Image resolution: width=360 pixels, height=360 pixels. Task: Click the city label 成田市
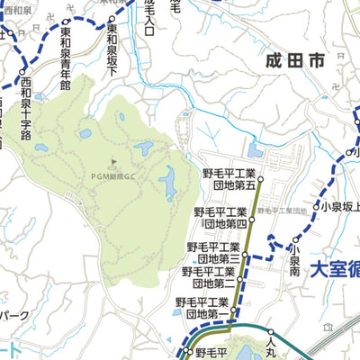(295, 61)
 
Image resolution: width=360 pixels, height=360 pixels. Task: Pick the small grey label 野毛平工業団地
(282, 210)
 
